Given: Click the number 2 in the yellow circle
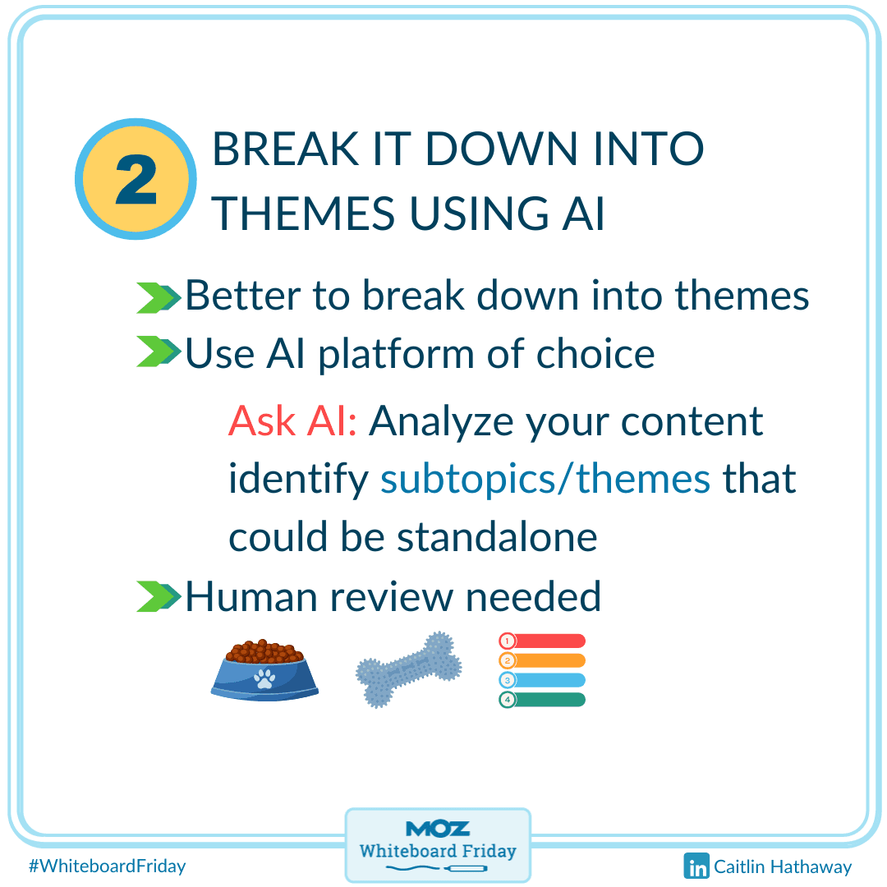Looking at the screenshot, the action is pyautogui.click(x=136, y=179).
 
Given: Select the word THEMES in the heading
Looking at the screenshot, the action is pyautogui.click(x=303, y=214).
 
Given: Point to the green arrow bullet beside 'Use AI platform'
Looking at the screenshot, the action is pyautogui.click(x=159, y=352).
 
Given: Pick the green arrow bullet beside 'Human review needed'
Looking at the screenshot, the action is pyautogui.click(x=159, y=596).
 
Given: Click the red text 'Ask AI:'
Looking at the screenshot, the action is pyautogui.click(x=292, y=421).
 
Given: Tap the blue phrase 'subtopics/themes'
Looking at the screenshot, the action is pyautogui.click(x=545, y=479).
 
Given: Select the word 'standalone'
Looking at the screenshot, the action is pyautogui.click(x=497, y=536).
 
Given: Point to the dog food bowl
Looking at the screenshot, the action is pyautogui.click(x=264, y=670).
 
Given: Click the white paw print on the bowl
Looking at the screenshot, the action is pyautogui.click(x=264, y=678).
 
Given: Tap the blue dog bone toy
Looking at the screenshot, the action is pyautogui.click(x=408, y=670).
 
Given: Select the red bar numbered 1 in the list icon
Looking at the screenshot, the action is pyautogui.click(x=542, y=641).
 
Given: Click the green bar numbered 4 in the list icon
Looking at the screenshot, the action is pyautogui.click(x=542, y=700).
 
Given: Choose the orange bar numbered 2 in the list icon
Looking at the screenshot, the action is pyautogui.click(x=542, y=660).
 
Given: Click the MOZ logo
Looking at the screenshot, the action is pyautogui.click(x=438, y=830).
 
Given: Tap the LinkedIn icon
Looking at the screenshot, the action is pyautogui.click(x=696, y=866).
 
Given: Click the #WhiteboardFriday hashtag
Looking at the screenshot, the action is pyautogui.click(x=108, y=866).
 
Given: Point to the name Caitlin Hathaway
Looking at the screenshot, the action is pyautogui.click(x=783, y=866).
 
